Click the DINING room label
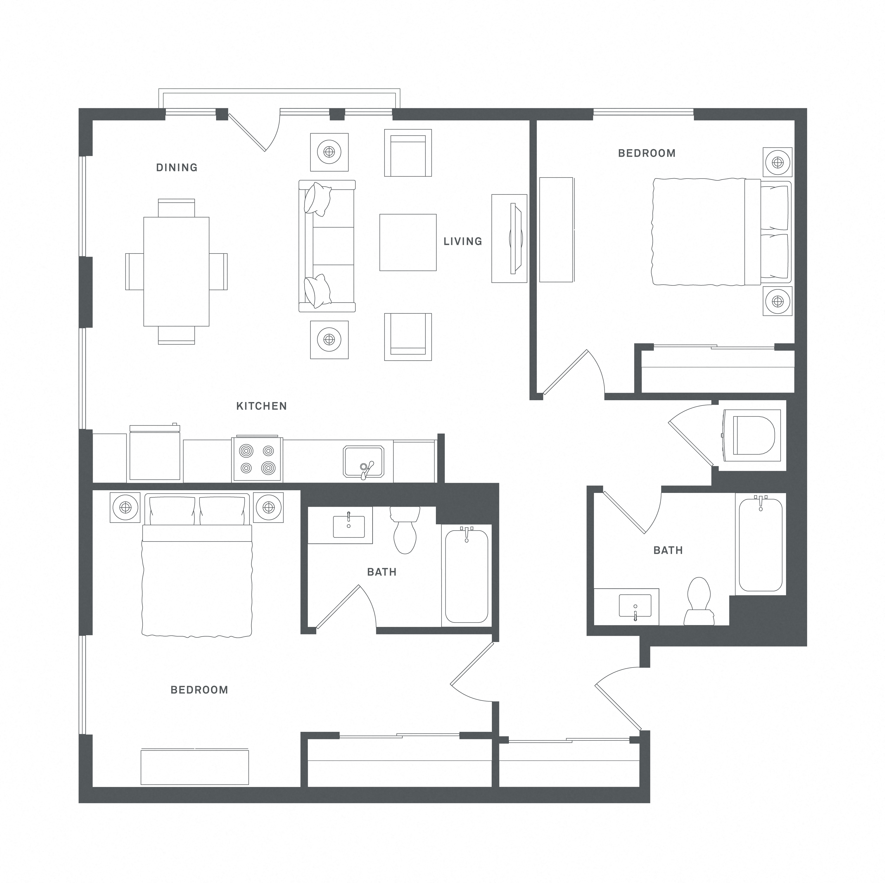point(177,168)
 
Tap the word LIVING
point(463,241)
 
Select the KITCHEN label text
point(262,406)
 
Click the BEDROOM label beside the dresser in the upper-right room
point(647,153)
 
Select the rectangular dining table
point(176,272)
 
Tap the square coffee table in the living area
point(408,242)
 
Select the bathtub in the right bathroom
point(760,544)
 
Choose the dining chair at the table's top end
point(176,208)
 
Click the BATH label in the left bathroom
point(382,572)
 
